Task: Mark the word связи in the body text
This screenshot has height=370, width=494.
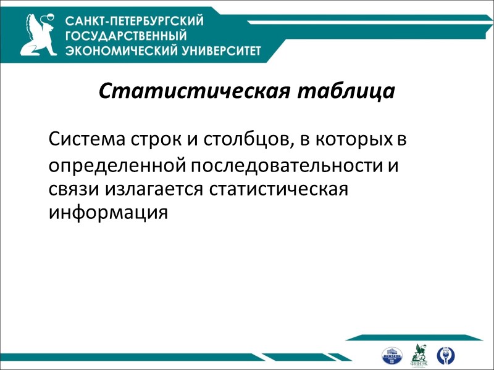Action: coord(70,189)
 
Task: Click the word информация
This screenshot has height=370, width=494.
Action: coord(108,212)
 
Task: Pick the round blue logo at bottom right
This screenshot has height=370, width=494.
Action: coord(444,355)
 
